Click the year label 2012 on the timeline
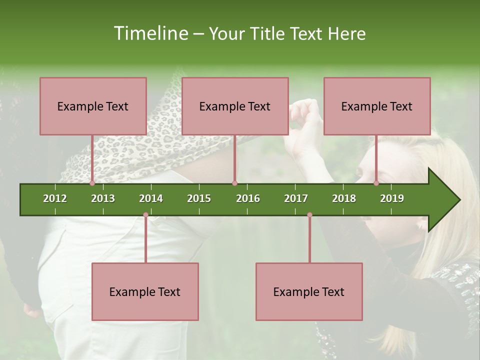[x=55, y=198]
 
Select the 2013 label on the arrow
[x=103, y=198]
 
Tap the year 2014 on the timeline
[x=151, y=198]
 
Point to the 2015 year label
[x=199, y=198]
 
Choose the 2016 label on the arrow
[x=248, y=198]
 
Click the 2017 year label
[x=296, y=198]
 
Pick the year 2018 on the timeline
[x=344, y=198]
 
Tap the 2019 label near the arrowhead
[x=392, y=198]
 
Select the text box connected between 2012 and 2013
[x=93, y=106]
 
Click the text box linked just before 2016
[x=235, y=106]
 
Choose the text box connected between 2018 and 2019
[x=377, y=106]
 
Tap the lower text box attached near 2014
[x=145, y=291]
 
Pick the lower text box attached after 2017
[x=309, y=291]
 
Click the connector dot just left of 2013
[x=92, y=183]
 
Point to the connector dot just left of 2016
[x=234, y=183]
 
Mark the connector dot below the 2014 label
[x=145, y=215]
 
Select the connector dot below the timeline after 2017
[x=309, y=215]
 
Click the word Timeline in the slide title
[x=150, y=33]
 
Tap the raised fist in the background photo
[x=305, y=112]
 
